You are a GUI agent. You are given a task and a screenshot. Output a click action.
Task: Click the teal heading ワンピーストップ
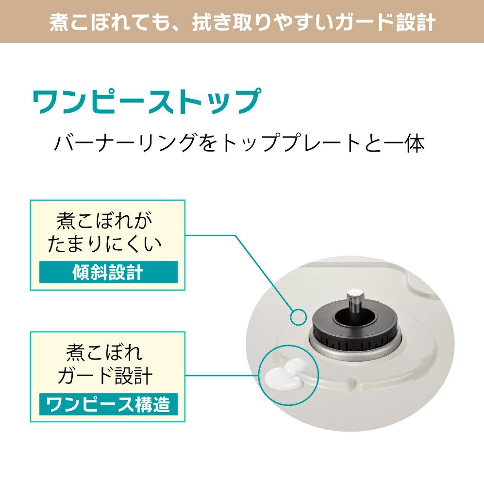(x=147, y=102)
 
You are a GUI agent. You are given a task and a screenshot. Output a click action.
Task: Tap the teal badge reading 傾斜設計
(x=108, y=272)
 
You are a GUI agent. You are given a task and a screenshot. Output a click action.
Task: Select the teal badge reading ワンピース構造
(x=108, y=404)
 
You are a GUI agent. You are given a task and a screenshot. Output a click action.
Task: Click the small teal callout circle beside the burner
(x=299, y=317)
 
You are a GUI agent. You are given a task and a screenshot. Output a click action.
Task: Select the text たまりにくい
(x=104, y=244)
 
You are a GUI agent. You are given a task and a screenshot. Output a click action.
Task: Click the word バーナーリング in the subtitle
(x=125, y=143)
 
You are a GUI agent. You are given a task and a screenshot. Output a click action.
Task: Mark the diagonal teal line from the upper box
(x=264, y=273)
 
